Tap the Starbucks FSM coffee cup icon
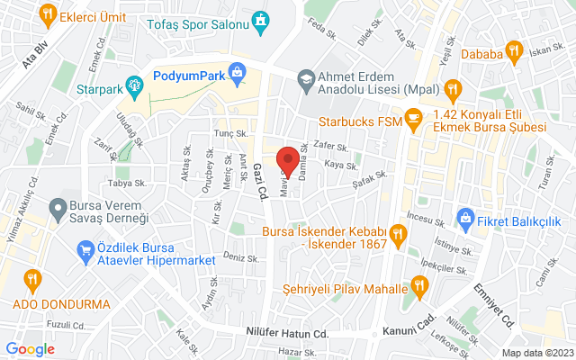(x=413, y=116)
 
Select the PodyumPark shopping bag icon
(x=238, y=71)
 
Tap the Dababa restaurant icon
(x=513, y=49)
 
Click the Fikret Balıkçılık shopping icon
(x=465, y=216)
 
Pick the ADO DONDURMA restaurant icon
(x=31, y=278)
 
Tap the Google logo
(x=30, y=349)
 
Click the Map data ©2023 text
(x=536, y=353)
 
